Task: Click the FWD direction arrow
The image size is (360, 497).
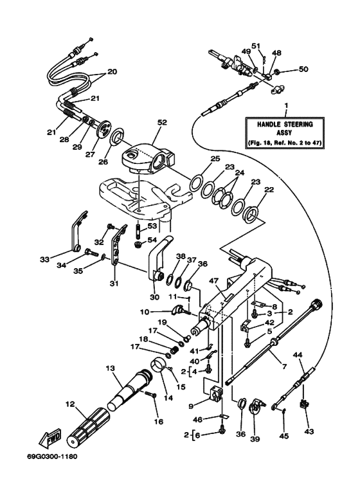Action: tap(50, 439)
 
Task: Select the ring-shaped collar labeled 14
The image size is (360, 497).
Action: tap(158, 372)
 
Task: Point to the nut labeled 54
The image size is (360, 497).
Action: tap(139, 244)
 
